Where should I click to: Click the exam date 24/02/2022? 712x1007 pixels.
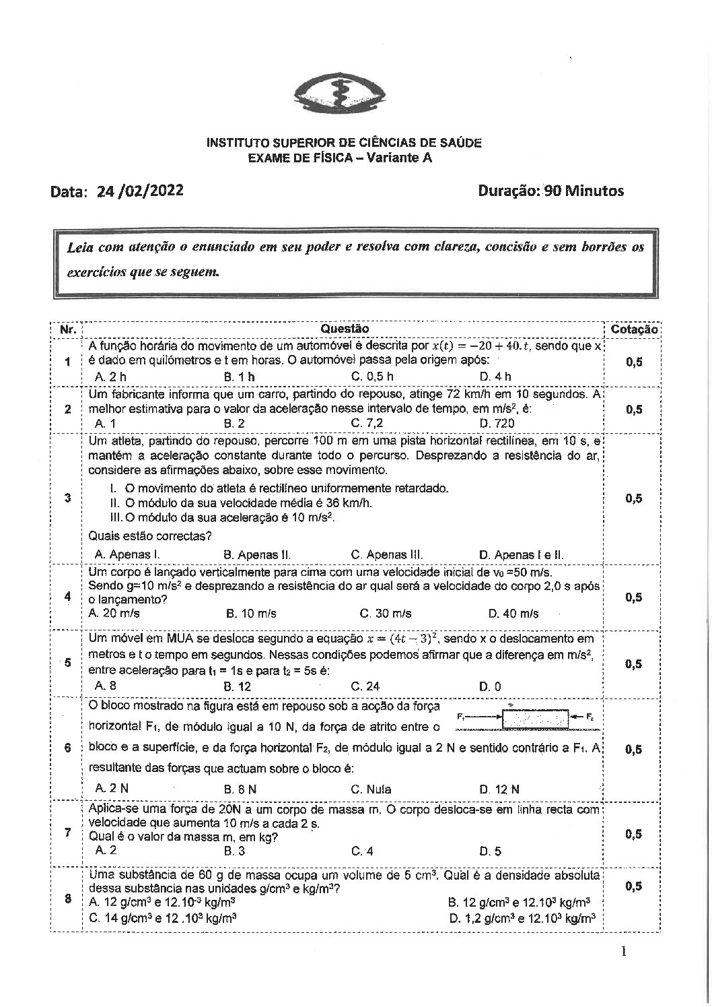140,191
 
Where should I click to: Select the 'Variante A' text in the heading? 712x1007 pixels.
398,158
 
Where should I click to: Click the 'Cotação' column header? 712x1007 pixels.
633,329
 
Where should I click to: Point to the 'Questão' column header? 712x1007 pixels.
345,329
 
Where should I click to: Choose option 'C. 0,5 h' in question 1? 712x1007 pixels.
372,377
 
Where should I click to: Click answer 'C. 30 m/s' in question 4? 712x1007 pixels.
386,614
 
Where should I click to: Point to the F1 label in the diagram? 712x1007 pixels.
461,717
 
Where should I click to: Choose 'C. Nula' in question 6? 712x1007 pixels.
371,789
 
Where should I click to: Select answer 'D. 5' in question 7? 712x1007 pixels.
490,851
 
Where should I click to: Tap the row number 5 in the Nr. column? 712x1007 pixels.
67,663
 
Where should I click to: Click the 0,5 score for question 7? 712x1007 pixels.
633,834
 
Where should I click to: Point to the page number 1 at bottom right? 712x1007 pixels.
624,952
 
